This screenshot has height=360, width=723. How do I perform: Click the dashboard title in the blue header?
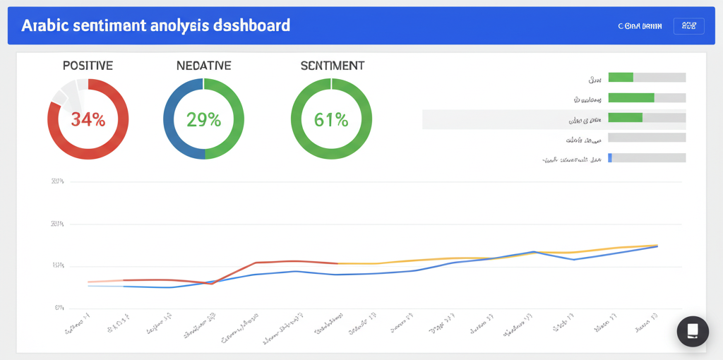click(155, 25)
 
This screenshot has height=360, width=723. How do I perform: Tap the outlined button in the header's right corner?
click(688, 26)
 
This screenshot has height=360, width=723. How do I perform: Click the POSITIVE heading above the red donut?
click(88, 66)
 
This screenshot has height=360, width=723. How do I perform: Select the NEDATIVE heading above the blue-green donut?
click(203, 66)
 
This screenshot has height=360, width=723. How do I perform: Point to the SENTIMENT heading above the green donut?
click(332, 66)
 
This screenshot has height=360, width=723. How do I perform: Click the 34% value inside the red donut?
click(88, 119)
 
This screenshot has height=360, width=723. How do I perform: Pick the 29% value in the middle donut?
click(203, 119)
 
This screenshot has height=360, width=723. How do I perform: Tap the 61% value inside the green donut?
click(331, 119)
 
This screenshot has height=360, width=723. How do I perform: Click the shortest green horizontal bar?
click(621, 78)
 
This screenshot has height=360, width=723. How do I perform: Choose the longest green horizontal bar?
click(631, 98)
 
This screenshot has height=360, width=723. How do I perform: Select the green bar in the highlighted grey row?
click(625, 118)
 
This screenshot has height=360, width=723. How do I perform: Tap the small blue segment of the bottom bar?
click(610, 158)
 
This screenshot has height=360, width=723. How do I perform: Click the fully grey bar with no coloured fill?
click(647, 138)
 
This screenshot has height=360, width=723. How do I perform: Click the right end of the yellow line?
click(657, 245)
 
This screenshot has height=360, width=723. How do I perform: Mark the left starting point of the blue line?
click(89, 286)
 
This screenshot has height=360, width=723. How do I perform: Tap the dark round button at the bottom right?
click(692, 330)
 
